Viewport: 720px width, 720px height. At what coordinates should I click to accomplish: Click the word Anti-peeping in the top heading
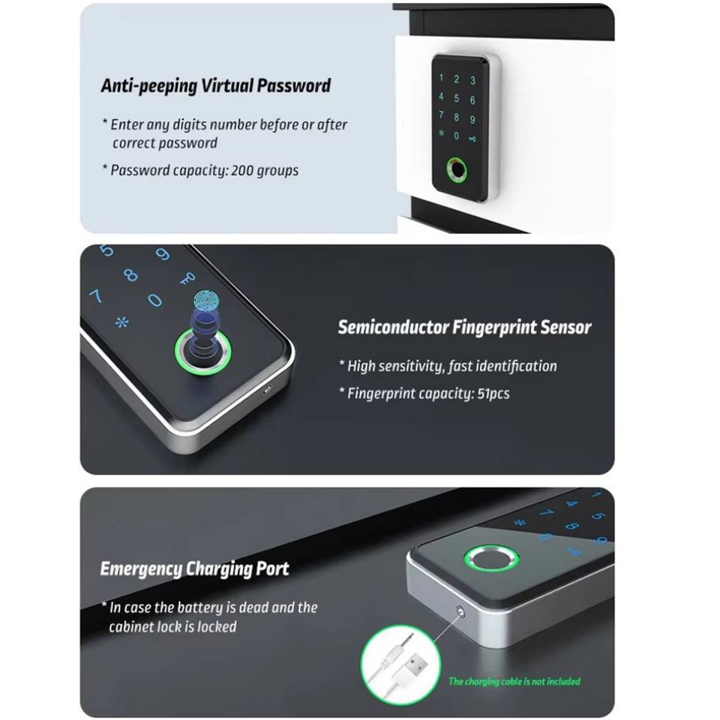coord(148,85)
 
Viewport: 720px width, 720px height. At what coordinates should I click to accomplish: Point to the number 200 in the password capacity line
coord(242,170)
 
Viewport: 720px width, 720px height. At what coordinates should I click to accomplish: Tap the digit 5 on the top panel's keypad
coord(457,98)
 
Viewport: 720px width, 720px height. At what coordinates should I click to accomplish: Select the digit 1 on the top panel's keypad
coord(441,77)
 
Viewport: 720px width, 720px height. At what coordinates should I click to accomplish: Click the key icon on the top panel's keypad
coord(472,138)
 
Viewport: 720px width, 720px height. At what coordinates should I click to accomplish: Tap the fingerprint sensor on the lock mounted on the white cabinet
coord(457,169)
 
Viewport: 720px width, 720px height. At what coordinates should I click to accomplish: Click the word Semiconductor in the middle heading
coord(393,328)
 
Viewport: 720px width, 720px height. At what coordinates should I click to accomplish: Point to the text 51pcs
coord(493,394)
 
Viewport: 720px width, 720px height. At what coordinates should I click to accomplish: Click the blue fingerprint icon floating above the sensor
coord(206,301)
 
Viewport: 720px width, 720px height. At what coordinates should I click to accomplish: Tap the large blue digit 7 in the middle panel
coord(96,295)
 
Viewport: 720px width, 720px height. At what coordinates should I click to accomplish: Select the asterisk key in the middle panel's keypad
coord(121,322)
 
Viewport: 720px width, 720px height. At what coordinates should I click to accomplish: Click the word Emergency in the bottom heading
coord(141,569)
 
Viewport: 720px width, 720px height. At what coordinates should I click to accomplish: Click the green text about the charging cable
coord(514,682)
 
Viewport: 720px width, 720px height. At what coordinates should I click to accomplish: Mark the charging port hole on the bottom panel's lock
coord(460,611)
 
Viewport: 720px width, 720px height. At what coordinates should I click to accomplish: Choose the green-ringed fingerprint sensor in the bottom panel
coord(490,559)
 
